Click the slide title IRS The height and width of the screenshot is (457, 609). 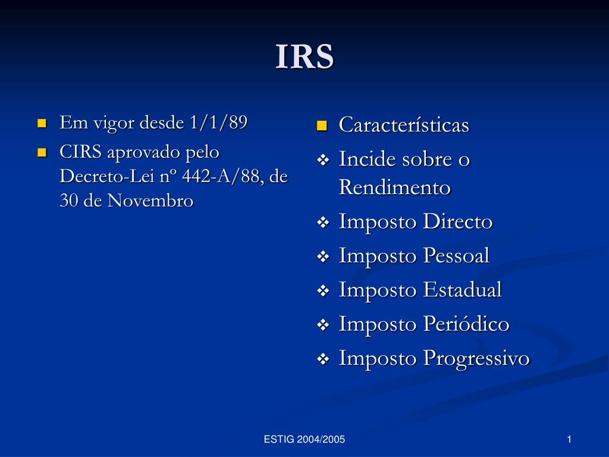click(304, 57)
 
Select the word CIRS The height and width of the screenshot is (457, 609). click(81, 152)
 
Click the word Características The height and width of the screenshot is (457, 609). click(404, 125)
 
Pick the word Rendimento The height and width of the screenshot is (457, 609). click(395, 187)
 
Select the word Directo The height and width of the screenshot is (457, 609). click(458, 222)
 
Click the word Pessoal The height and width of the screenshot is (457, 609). click(456, 256)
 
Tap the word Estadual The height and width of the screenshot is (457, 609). click(462, 290)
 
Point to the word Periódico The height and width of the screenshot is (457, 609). click(466, 324)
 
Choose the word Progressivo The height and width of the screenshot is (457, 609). click(476, 358)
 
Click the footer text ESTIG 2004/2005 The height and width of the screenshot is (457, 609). click(304, 440)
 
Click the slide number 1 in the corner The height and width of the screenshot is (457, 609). click(569, 440)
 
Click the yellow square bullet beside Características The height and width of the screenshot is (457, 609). click(322, 126)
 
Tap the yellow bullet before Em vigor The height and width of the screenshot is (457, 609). click(42, 124)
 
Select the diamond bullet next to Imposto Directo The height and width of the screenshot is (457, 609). click(323, 223)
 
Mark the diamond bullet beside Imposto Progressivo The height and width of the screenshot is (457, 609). click(323, 359)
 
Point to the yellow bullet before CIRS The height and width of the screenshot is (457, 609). click(42, 153)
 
